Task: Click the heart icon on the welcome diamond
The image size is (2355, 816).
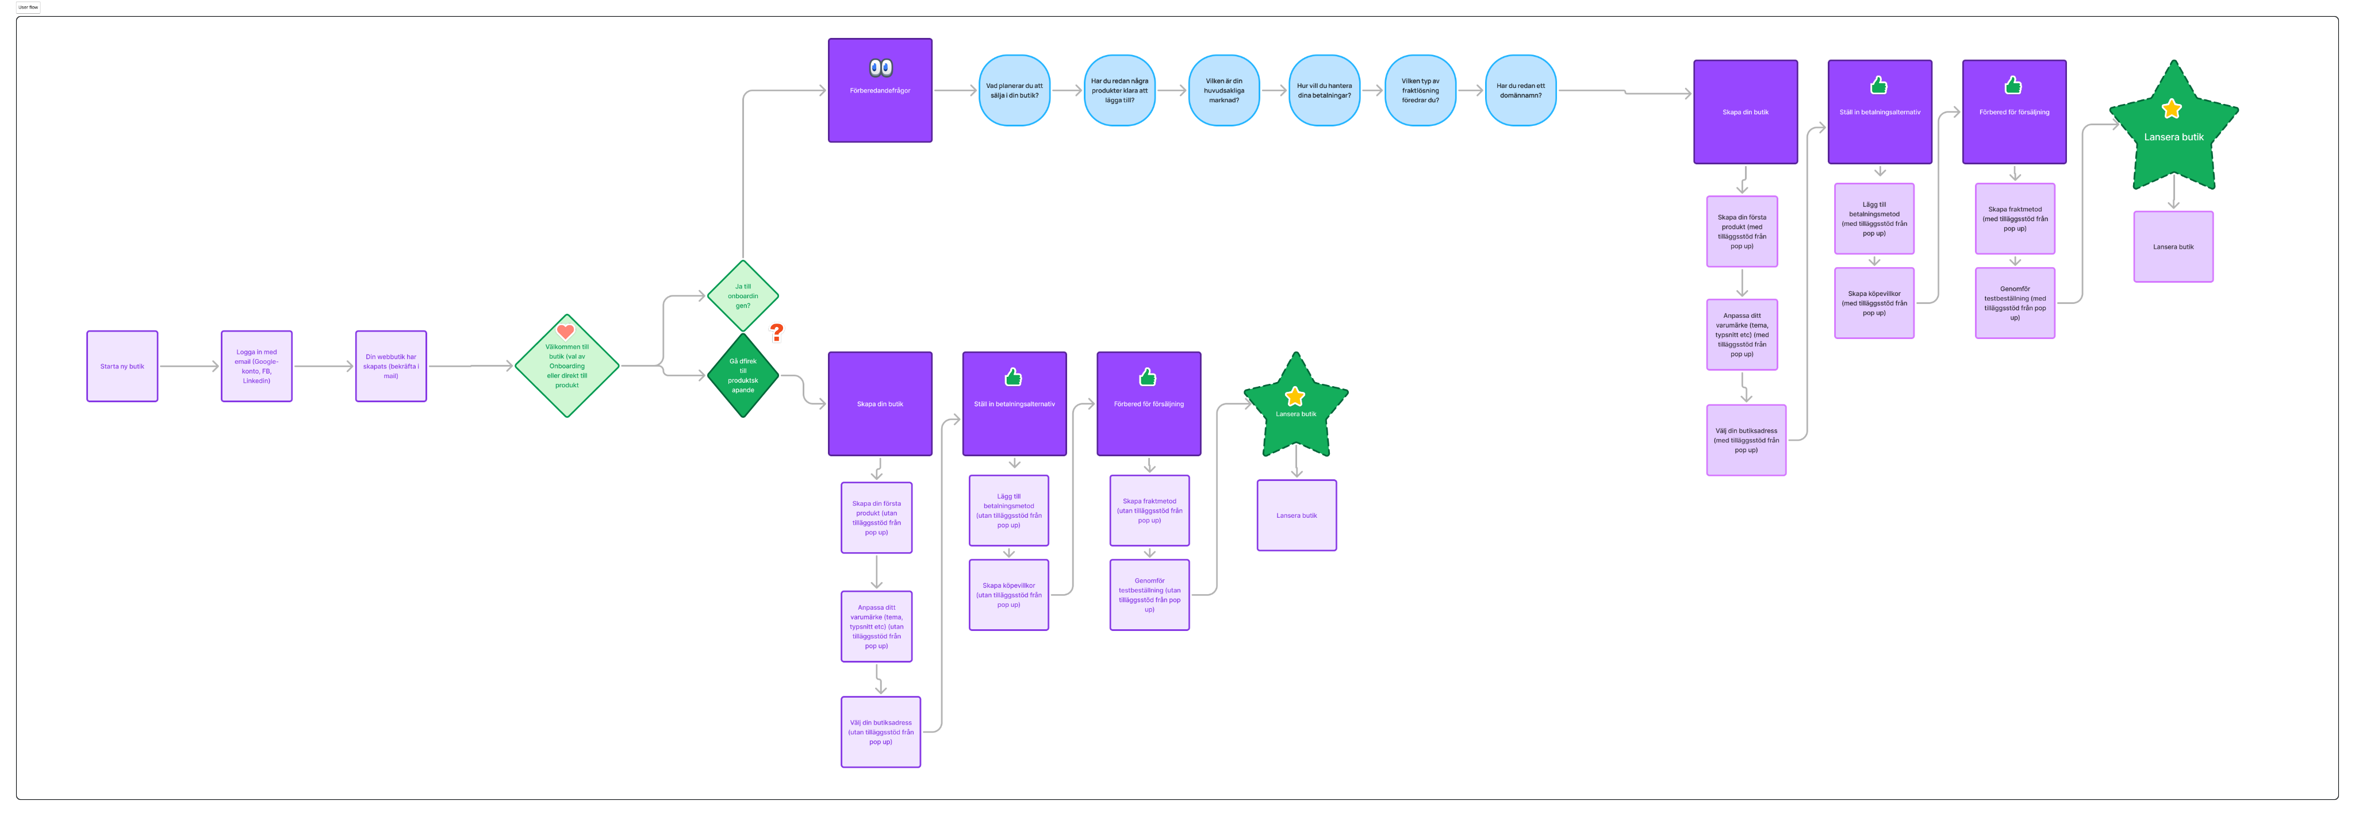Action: coord(565,332)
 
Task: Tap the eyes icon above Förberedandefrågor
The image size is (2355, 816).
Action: coord(880,68)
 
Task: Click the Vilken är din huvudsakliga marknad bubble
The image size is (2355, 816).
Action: coord(1223,90)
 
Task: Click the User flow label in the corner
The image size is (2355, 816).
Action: coord(28,7)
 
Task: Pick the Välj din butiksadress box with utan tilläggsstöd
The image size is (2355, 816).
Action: coord(880,732)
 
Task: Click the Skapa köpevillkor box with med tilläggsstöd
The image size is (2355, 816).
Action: coord(1874,302)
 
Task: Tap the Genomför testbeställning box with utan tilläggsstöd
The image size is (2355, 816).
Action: coord(1149,595)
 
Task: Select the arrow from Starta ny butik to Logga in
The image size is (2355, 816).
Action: coord(189,367)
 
